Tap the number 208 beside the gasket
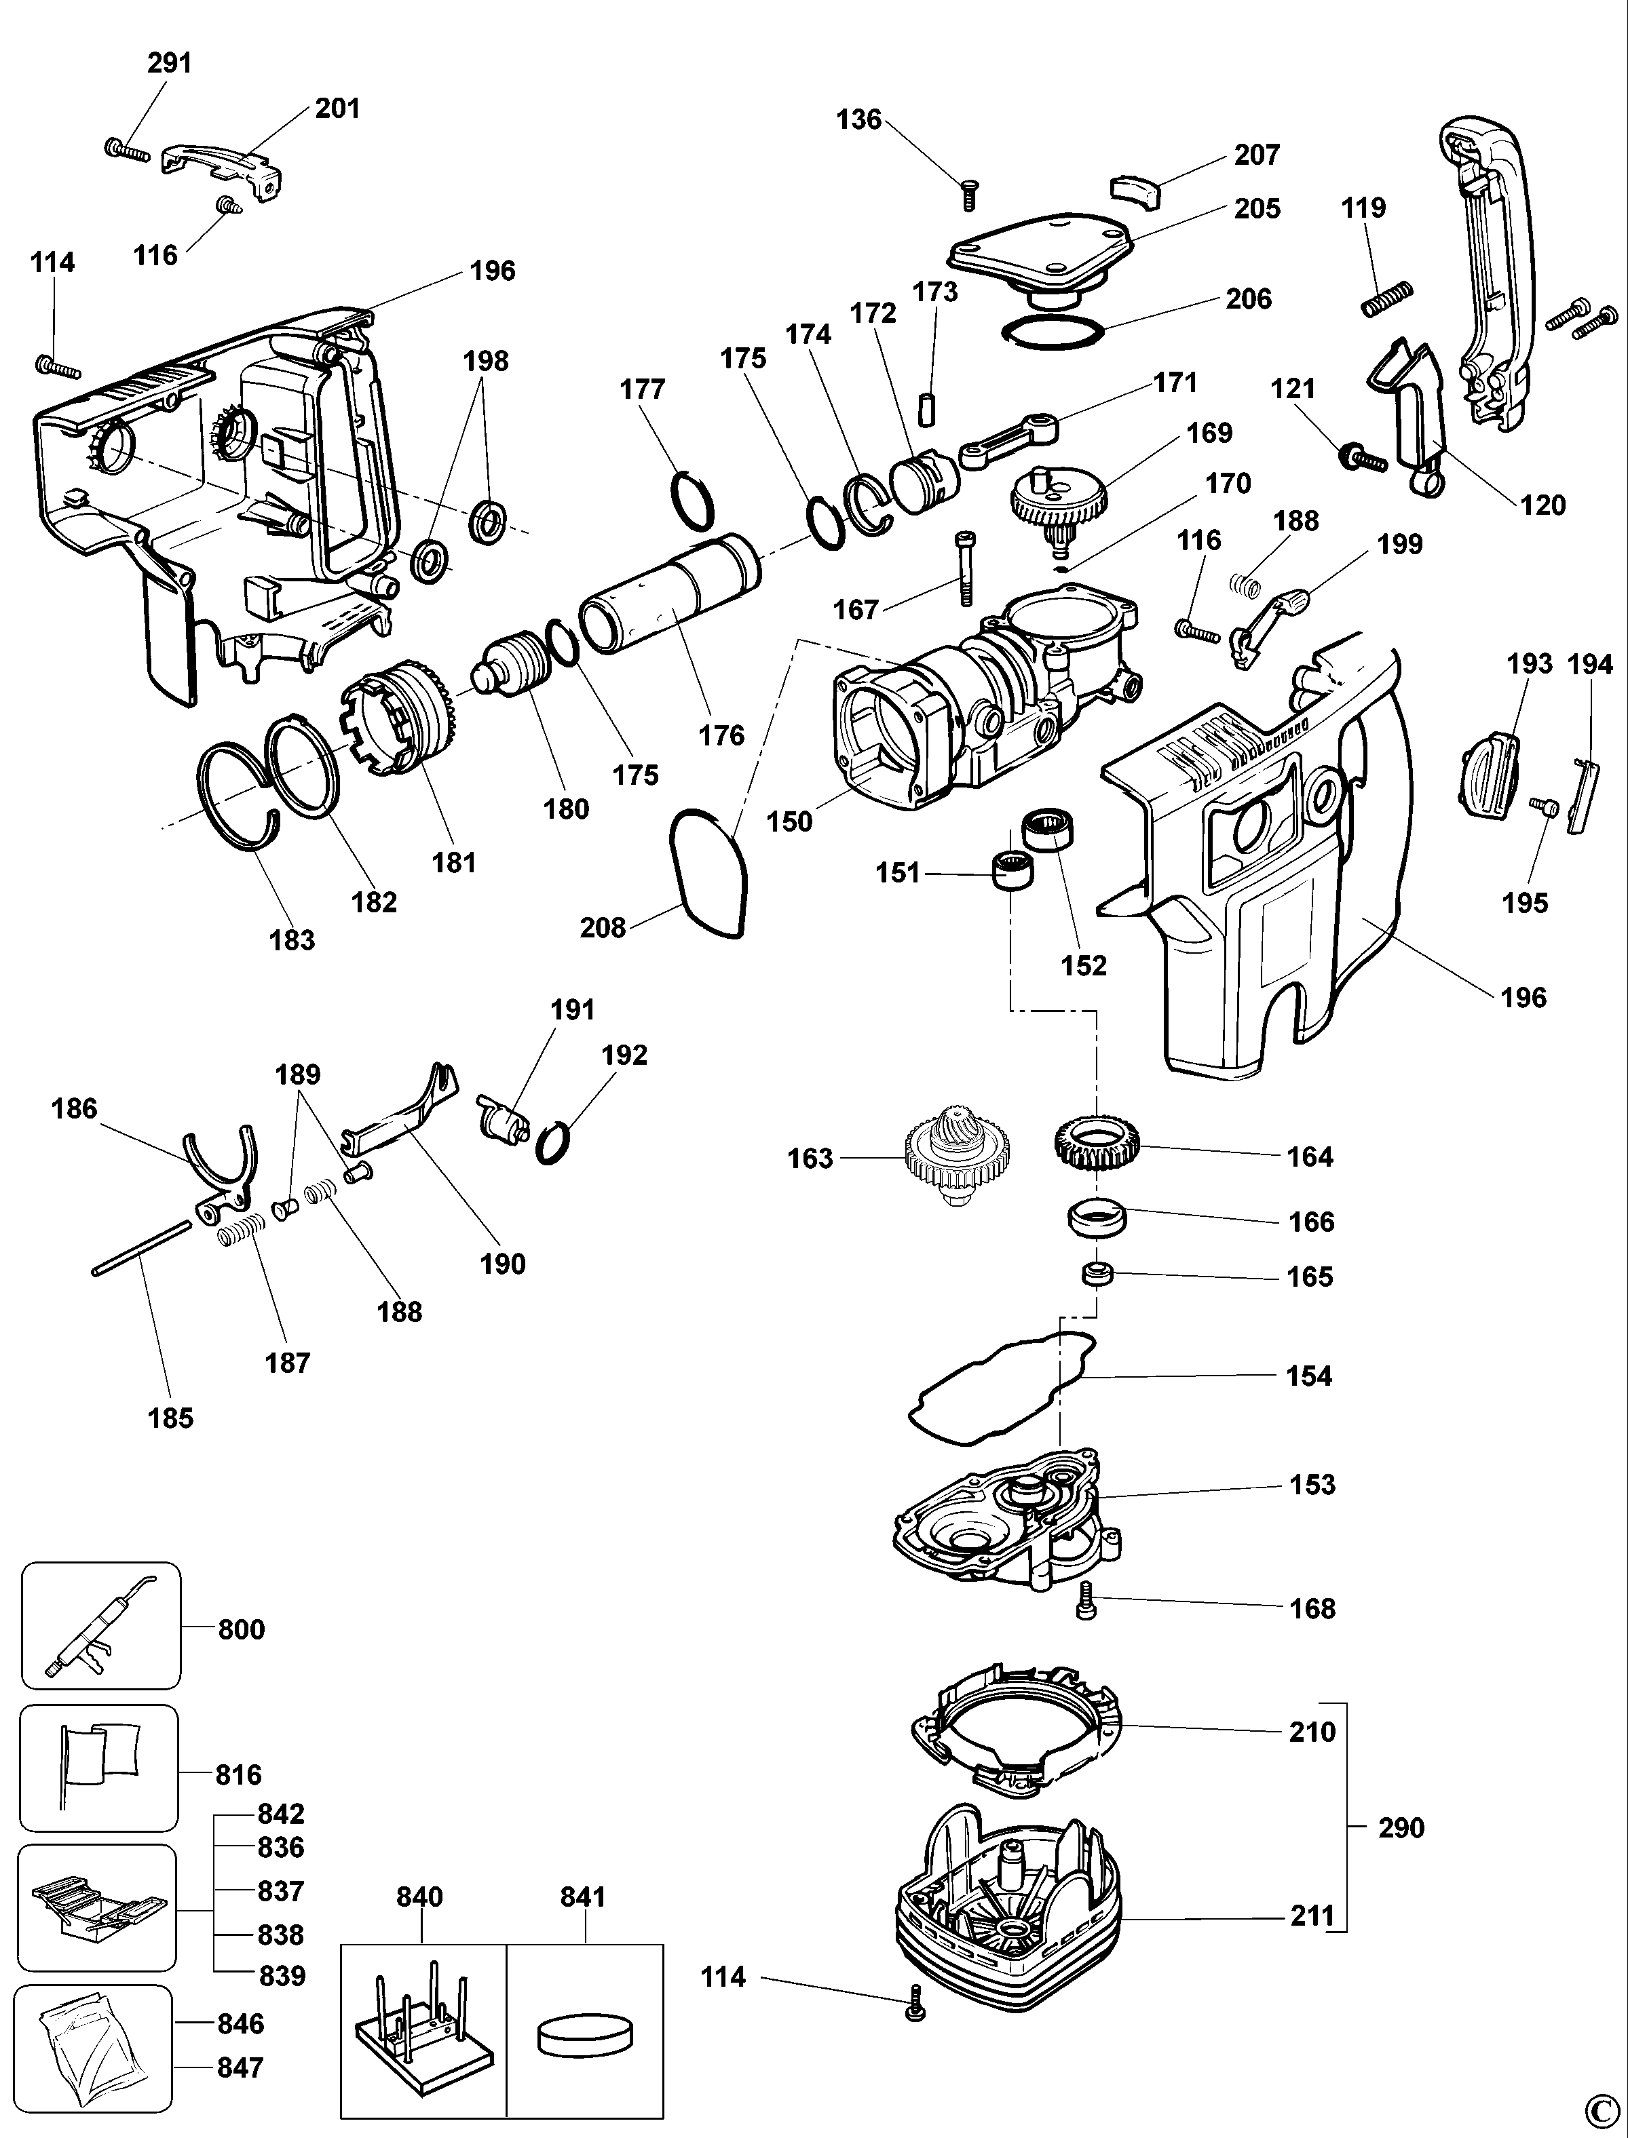coord(602,927)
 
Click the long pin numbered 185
coord(141,1249)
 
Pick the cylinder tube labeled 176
coord(670,595)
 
